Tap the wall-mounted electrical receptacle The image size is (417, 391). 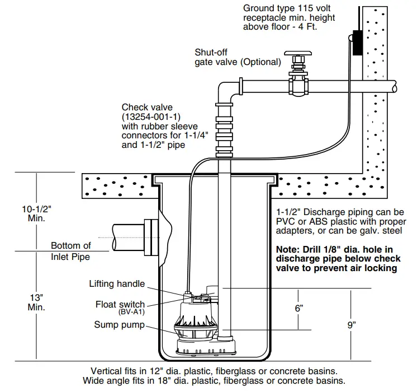(x=356, y=41)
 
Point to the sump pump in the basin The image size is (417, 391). (x=197, y=328)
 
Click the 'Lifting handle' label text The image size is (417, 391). (x=117, y=284)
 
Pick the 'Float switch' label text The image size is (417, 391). (x=120, y=305)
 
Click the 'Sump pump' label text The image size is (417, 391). (x=118, y=325)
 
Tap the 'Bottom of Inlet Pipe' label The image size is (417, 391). (x=70, y=251)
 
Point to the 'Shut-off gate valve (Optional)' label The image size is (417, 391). (x=237, y=57)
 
